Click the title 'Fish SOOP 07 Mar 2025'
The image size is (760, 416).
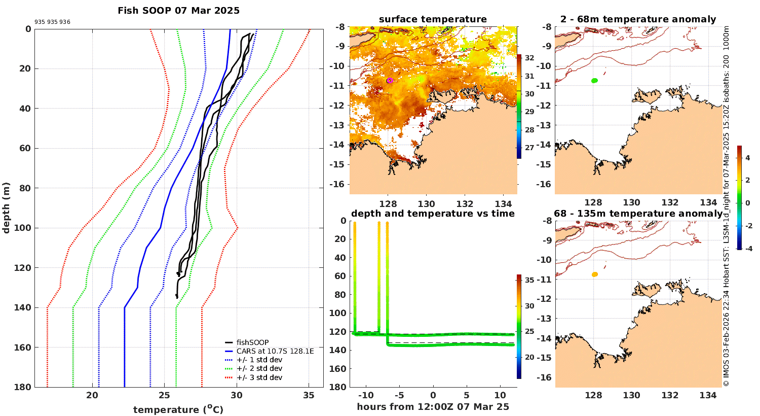point(178,11)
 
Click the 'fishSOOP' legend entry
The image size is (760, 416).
point(252,342)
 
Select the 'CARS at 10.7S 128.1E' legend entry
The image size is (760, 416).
point(275,351)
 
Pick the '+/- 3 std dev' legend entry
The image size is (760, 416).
point(259,377)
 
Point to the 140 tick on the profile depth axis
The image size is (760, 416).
point(24,307)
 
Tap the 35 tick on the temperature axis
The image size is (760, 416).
point(309,396)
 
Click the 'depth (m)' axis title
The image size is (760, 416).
point(7,207)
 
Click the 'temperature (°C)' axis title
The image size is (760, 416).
point(178,409)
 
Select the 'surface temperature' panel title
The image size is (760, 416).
point(433,19)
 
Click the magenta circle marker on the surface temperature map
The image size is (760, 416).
point(390,80)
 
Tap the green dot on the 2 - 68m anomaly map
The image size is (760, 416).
point(594,80)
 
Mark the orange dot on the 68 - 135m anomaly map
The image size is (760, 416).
point(594,274)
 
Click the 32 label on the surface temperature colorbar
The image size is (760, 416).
point(529,58)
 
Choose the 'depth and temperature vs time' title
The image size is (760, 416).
point(433,214)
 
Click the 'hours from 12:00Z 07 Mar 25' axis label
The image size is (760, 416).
point(433,407)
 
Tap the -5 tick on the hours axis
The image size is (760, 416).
point(399,396)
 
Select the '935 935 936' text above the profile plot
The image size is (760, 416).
point(52,22)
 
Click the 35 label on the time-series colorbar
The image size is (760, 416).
point(529,280)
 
